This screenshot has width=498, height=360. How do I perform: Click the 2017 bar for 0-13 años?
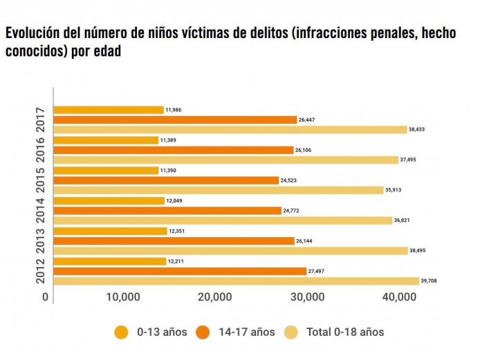click(x=109, y=110)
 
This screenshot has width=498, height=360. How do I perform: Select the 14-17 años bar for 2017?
click(x=175, y=120)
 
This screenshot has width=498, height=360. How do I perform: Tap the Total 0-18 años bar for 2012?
click(x=236, y=281)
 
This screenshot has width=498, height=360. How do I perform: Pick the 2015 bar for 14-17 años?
click(x=166, y=180)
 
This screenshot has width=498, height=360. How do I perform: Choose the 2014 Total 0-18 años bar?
click(x=223, y=220)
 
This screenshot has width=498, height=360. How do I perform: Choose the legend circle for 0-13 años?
click(x=122, y=332)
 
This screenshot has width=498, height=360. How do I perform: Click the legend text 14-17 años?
click(x=247, y=332)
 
